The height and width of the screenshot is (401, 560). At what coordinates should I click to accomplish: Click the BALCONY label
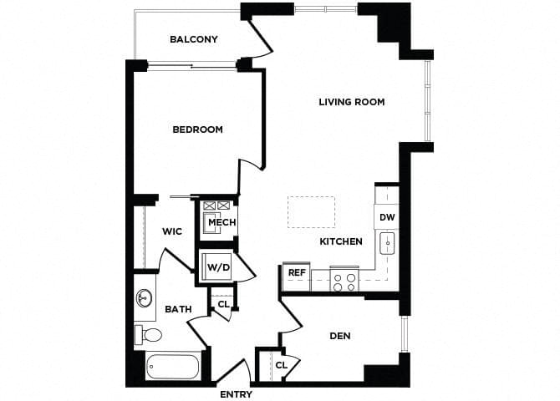coord(193,39)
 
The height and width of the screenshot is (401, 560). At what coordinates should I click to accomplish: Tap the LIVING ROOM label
coord(351,102)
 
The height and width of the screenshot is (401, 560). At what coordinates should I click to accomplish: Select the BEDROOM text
coord(197,129)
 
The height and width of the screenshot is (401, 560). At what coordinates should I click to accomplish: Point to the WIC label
coord(172,231)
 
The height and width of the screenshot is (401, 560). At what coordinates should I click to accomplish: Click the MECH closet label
coord(221,222)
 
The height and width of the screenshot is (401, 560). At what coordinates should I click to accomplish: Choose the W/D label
coord(218,268)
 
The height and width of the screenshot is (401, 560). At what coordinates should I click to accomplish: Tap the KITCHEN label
coord(341,241)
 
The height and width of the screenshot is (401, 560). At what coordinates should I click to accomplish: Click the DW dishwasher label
coord(386,217)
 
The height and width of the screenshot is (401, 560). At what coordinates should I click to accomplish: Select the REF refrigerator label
coord(296,272)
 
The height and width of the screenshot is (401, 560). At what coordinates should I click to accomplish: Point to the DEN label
coord(339,336)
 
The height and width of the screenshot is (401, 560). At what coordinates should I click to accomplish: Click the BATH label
coord(177,309)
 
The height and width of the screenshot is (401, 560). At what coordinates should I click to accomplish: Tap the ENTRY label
coord(236,394)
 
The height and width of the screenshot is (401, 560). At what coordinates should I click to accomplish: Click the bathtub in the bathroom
coord(173,368)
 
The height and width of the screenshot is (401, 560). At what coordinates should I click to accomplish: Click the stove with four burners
coord(344,280)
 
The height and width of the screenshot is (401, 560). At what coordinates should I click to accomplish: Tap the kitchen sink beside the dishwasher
coord(387,244)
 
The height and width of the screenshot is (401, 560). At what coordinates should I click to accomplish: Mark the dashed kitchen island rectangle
coord(311,211)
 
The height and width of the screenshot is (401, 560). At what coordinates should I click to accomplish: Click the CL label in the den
coord(281,365)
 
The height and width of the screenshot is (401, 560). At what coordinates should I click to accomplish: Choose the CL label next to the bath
coord(223,304)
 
